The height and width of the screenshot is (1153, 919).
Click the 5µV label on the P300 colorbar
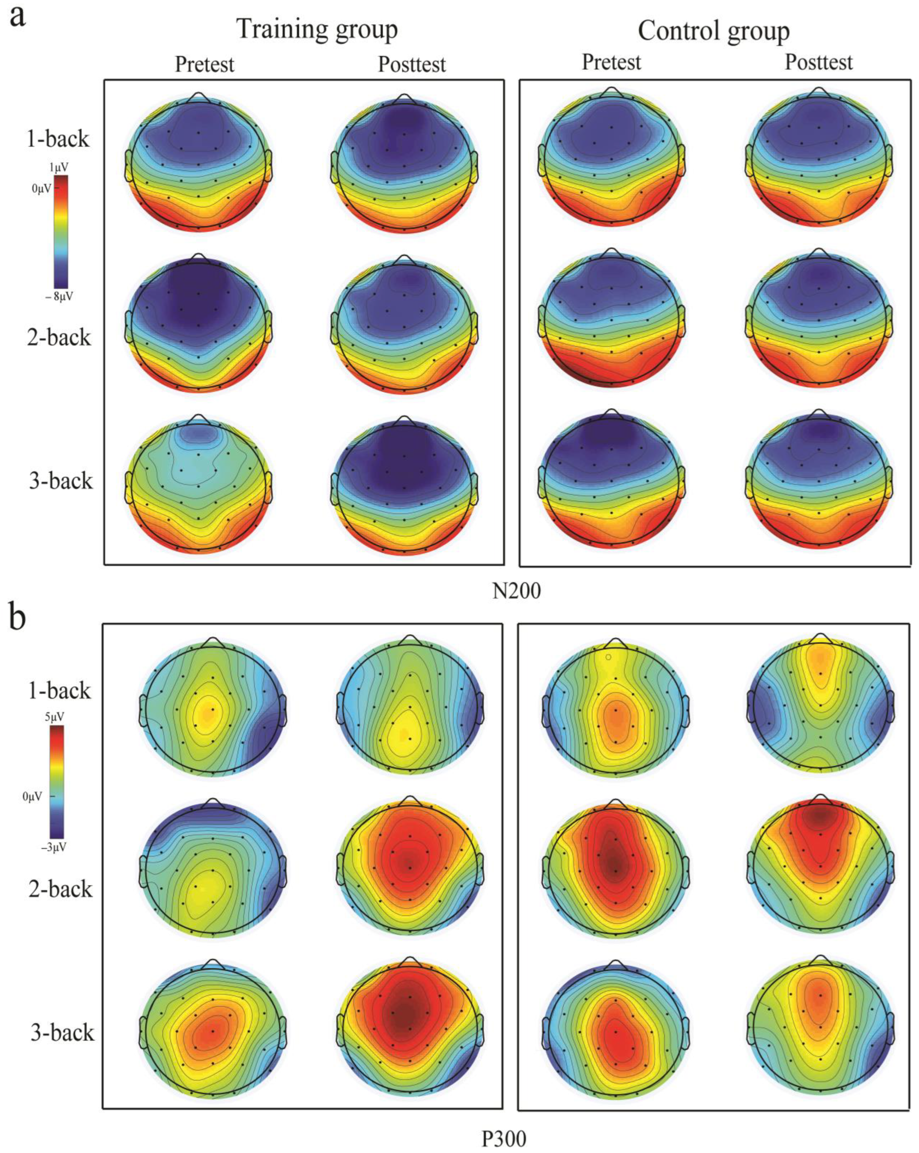55,717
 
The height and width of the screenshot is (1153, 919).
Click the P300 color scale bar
57,782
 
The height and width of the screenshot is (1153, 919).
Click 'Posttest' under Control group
818,63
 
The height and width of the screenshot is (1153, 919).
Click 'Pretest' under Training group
205,65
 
